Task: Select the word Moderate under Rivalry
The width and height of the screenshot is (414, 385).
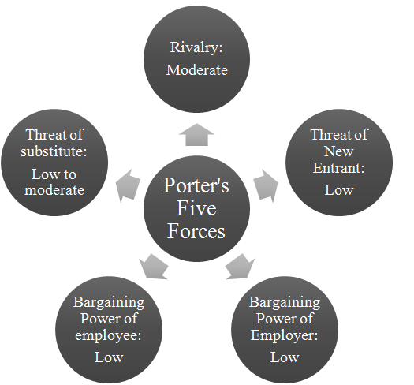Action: [x=197, y=70]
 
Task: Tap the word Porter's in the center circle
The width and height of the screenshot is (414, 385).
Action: [x=196, y=185]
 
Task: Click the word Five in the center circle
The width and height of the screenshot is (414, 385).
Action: [x=196, y=208]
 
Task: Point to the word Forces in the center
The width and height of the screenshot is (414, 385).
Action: [x=196, y=231]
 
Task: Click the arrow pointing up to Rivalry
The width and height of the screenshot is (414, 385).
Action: [x=196, y=134]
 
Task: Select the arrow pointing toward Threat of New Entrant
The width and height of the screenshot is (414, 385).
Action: [x=266, y=185]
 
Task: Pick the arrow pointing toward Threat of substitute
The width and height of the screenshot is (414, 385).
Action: [x=128, y=185]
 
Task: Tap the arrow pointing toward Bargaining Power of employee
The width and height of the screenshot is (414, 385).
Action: [x=154, y=267]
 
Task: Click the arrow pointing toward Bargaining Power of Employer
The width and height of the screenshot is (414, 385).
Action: [x=240, y=267]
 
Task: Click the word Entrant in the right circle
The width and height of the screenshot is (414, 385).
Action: [x=338, y=168]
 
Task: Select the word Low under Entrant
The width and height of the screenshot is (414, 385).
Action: [x=339, y=190]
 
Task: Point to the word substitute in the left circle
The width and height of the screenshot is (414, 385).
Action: [x=54, y=151]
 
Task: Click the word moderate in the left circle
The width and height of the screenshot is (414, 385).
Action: [x=54, y=190]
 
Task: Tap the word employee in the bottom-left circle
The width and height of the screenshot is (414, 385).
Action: [x=108, y=336]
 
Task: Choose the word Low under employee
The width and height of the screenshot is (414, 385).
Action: [x=109, y=357]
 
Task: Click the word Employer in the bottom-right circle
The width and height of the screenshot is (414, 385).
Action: [x=284, y=336]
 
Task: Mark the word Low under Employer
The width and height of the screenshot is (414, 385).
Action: [x=285, y=357]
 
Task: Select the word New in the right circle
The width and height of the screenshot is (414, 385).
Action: [x=338, y=151]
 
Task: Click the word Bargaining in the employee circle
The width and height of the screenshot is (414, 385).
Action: [x=109, y=303]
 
